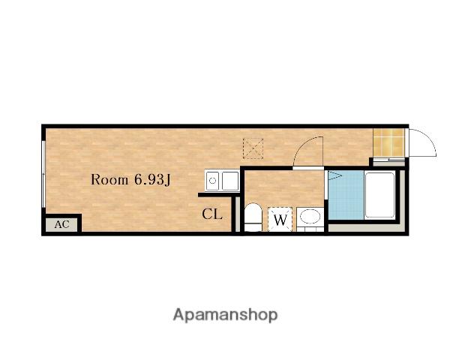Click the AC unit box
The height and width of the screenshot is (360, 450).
click(61, 224)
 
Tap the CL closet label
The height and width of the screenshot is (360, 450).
click(212, 214)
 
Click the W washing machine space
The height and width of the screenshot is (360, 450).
click(280, 219)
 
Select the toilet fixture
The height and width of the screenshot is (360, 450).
click(253, 217)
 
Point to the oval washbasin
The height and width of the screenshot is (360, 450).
click(310, 217)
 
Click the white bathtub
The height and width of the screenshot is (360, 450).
click(380, 195)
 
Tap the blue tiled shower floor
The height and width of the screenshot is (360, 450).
click(346, 195)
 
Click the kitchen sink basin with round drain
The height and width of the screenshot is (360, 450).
click(213, 181)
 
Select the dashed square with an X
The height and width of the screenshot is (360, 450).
click(253, 148)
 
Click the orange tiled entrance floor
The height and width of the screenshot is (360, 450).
click(388, 142)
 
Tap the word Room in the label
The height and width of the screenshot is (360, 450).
click(109, 180)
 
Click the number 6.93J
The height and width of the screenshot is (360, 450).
click(152, 180)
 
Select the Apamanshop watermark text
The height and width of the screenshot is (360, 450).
click(225, 315)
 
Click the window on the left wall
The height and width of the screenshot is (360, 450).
click(43, 174)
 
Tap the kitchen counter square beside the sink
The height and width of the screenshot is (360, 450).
click(230, 181)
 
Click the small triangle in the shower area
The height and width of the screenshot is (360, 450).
click(334, 175)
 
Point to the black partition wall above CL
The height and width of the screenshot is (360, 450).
click(219, 195)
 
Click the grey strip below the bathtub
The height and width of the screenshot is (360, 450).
click(366, 228)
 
